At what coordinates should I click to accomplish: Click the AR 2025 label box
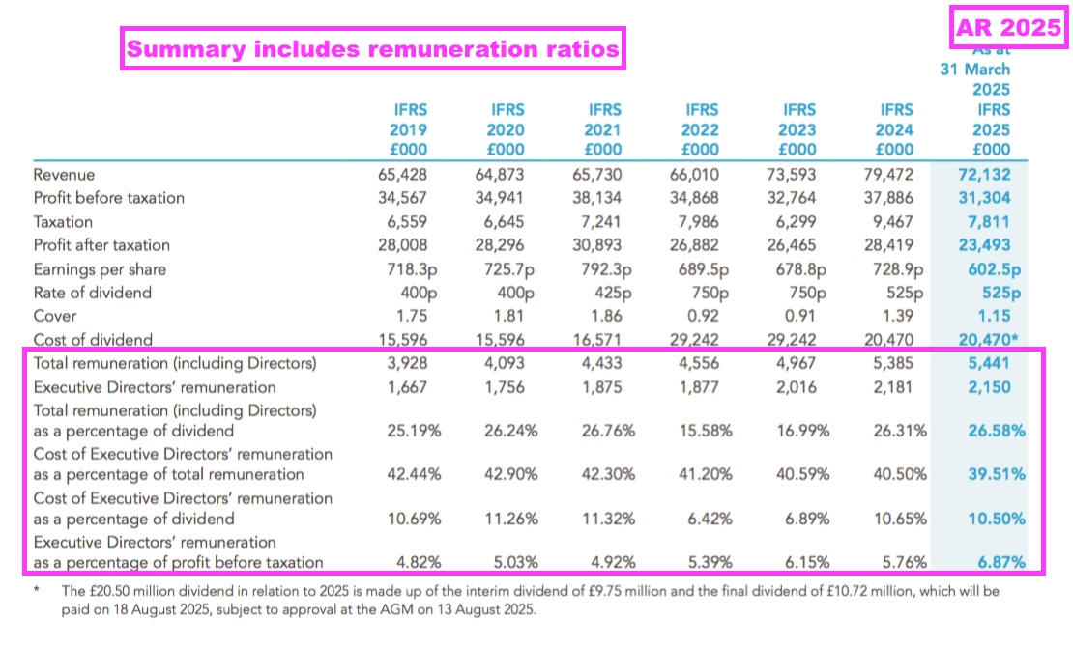(x=1007, y=28)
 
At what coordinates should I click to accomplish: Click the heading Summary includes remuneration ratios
(x=373, y=48)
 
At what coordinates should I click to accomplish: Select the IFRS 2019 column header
(x=407, y=129)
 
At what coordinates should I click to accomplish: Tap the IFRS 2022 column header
(x=701, y=129)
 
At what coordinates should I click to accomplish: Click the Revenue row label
(x=64, y=175)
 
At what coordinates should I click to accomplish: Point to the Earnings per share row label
(x=100, y=269)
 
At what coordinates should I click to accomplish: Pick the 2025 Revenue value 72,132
(x=984, y=175)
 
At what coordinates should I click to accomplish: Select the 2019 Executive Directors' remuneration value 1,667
(x=407, y=387)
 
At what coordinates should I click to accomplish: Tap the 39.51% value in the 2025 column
(x=997, y=474)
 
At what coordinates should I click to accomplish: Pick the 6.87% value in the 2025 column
(x=1001, y=562)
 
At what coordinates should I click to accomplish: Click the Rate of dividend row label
(x=92, y=293)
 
